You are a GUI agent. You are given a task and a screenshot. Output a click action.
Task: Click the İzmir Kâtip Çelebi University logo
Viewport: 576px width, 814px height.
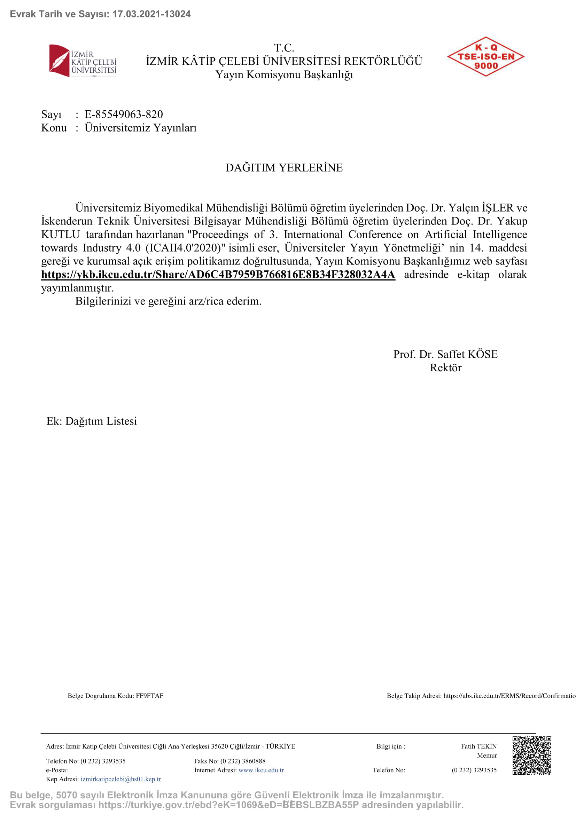point(83,61)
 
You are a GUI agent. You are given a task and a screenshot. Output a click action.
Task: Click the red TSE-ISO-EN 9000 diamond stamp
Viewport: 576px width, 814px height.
point(485,57)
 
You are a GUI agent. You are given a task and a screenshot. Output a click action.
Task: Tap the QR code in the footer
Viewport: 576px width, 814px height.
point(531,755)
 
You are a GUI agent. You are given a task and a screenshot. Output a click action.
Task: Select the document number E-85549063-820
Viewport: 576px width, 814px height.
point(123,114)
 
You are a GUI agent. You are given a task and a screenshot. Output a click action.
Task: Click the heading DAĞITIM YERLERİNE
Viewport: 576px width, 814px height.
point(284,168)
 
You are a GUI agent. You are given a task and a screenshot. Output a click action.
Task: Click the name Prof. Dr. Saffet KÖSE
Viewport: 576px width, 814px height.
point(445,354)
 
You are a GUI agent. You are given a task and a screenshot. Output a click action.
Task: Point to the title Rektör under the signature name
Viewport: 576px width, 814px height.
point(445,368)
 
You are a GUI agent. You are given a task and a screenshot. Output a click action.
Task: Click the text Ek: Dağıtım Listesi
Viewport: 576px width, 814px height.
point(92,421)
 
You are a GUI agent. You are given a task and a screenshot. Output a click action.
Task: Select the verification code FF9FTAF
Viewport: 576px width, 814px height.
point(150,696)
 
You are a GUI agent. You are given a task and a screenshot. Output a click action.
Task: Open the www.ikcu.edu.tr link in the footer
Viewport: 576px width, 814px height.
point(261,770)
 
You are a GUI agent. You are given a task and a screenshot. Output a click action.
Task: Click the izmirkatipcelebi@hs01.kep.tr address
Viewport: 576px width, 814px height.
point(120,779)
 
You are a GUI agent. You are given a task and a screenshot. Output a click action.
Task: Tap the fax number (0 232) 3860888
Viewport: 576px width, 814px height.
point(243,761)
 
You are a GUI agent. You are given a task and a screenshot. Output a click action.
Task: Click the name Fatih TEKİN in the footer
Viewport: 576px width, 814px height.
point(478,746)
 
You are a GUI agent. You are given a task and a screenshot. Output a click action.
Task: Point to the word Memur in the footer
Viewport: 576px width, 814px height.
point(487,756)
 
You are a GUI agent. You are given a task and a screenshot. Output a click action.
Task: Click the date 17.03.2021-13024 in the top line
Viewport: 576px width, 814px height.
point(151,14)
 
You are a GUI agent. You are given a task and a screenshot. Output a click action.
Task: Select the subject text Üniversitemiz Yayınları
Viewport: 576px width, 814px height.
point(140,128)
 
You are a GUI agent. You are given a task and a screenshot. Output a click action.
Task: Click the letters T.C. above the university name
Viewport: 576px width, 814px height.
point(284,48)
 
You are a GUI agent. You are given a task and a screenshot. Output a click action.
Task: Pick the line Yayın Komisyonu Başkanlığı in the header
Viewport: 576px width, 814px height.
point(284,75)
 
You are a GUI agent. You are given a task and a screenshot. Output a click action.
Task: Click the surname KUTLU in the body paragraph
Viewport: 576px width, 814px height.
point(61,235)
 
